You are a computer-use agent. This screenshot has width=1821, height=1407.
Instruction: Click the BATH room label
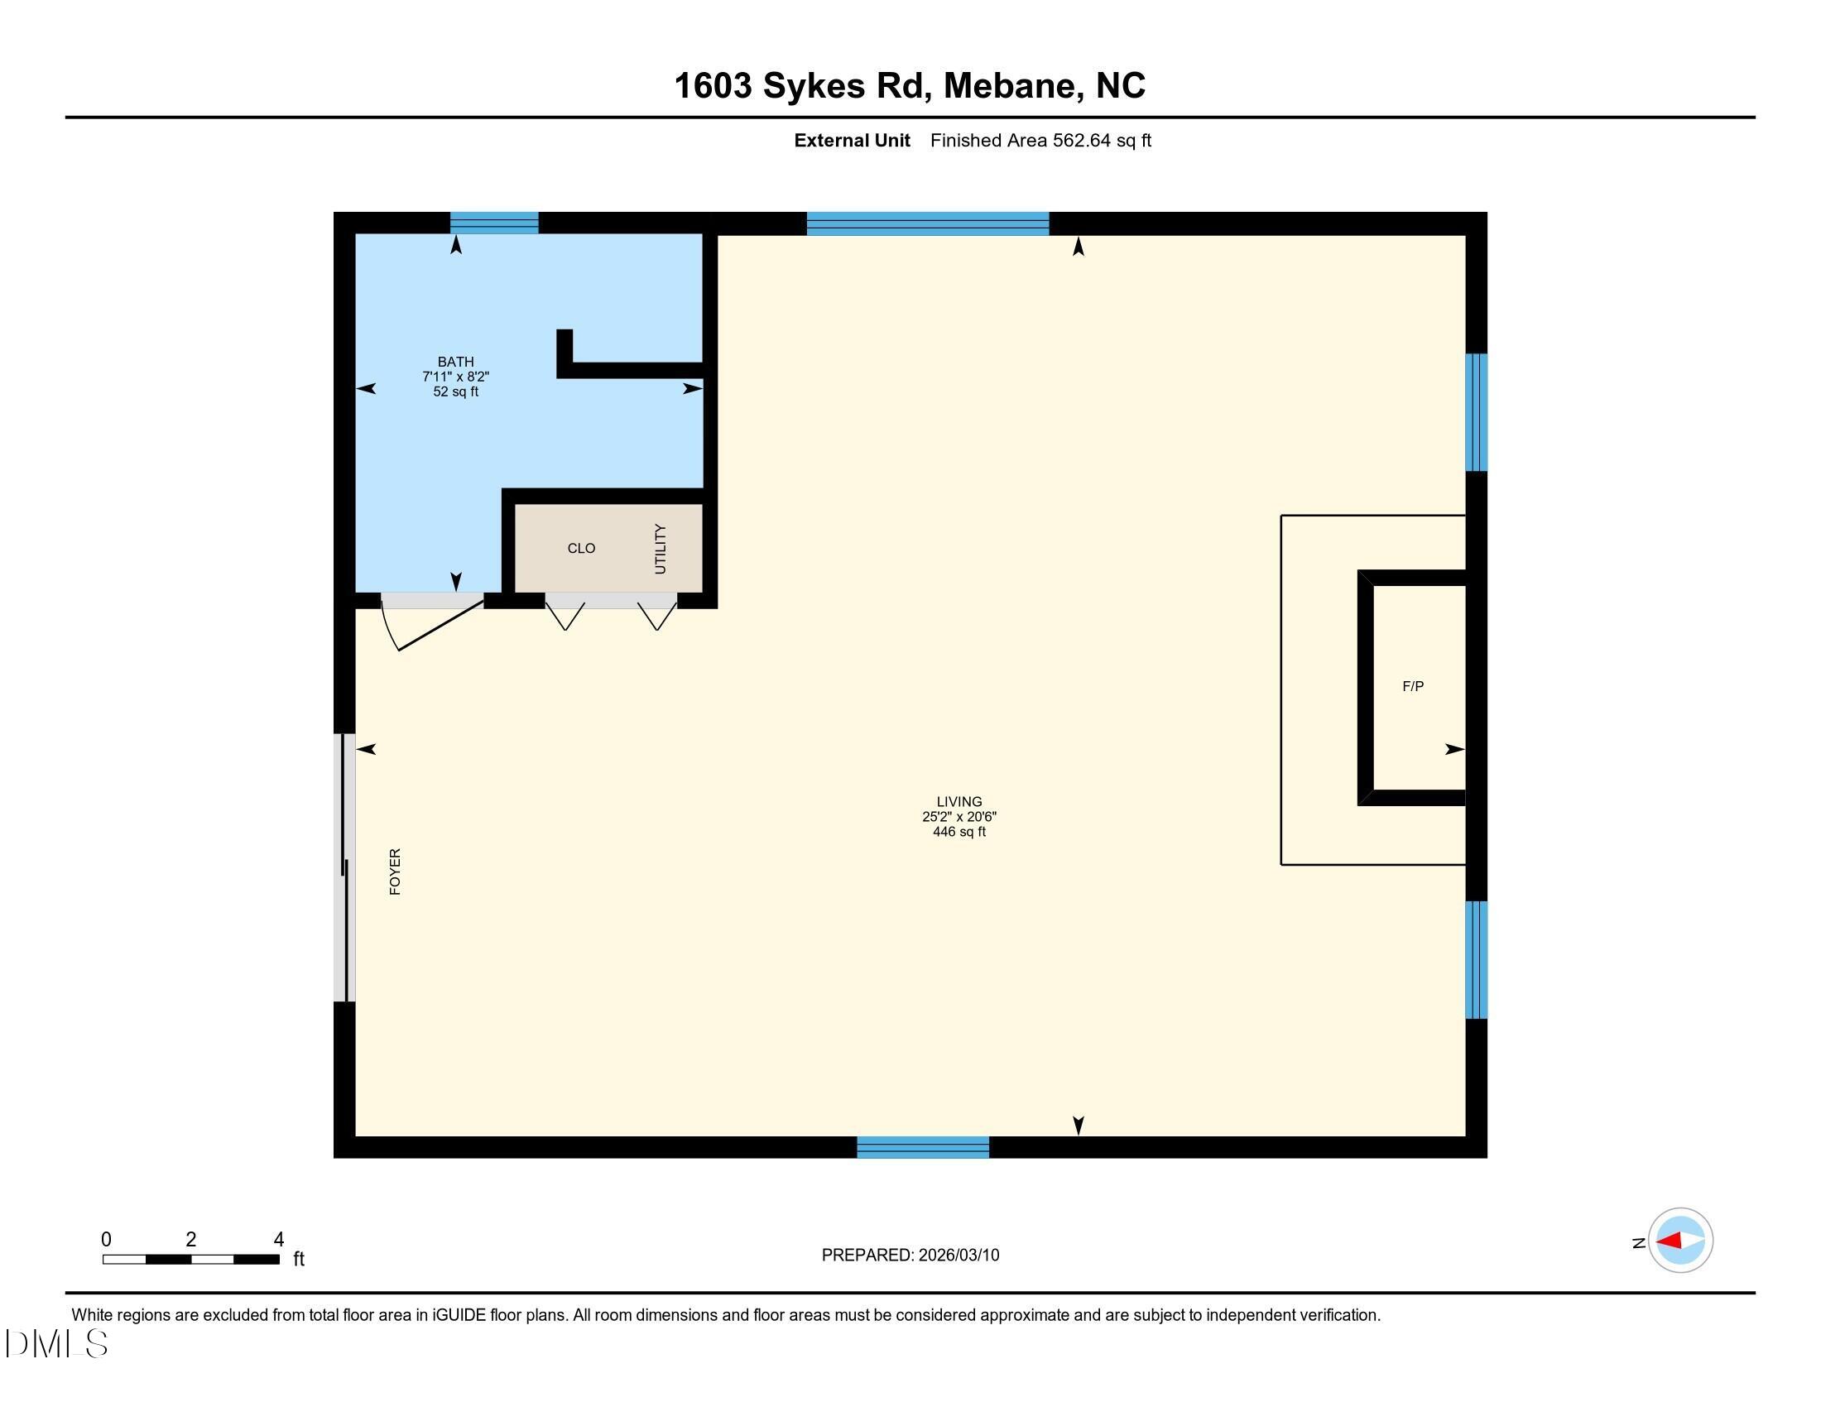tap(455, 362)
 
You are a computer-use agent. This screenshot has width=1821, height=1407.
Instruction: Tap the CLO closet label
tap(581, 549)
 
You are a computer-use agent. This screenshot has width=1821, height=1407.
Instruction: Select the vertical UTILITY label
tap(661, 549)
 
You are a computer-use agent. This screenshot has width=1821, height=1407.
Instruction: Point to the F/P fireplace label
tap(1412, 687)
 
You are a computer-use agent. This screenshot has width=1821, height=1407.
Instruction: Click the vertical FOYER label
tap(395, 872)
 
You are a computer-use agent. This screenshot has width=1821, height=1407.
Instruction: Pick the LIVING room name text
tap(959, 802)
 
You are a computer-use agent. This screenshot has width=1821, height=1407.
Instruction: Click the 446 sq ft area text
tap(959, 832)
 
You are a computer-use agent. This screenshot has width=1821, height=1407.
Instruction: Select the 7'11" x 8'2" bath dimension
tap(455, 377)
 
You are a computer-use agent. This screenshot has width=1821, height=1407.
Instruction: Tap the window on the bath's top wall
tap(494, 223)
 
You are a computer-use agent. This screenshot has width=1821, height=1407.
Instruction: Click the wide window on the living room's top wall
tap(927, 223)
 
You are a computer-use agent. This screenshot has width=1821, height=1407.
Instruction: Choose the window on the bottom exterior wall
tap(923, 1147)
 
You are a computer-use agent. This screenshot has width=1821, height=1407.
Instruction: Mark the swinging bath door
tap(434, 621)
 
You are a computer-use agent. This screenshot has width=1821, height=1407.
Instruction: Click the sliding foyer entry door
tap(344, 867)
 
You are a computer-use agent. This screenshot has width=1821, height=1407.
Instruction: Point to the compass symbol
tap(1680, 1241)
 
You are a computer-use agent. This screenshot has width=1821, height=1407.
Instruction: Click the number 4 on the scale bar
tap(278, 1240)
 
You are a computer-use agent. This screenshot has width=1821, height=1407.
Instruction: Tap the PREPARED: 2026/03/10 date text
tap(910, 1256)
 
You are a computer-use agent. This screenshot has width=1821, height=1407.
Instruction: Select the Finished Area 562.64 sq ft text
tap(1040, 141)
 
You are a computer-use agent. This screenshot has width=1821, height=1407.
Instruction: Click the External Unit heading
tap(851, 141)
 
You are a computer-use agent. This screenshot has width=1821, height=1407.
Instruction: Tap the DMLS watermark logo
tap(55, 1343)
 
